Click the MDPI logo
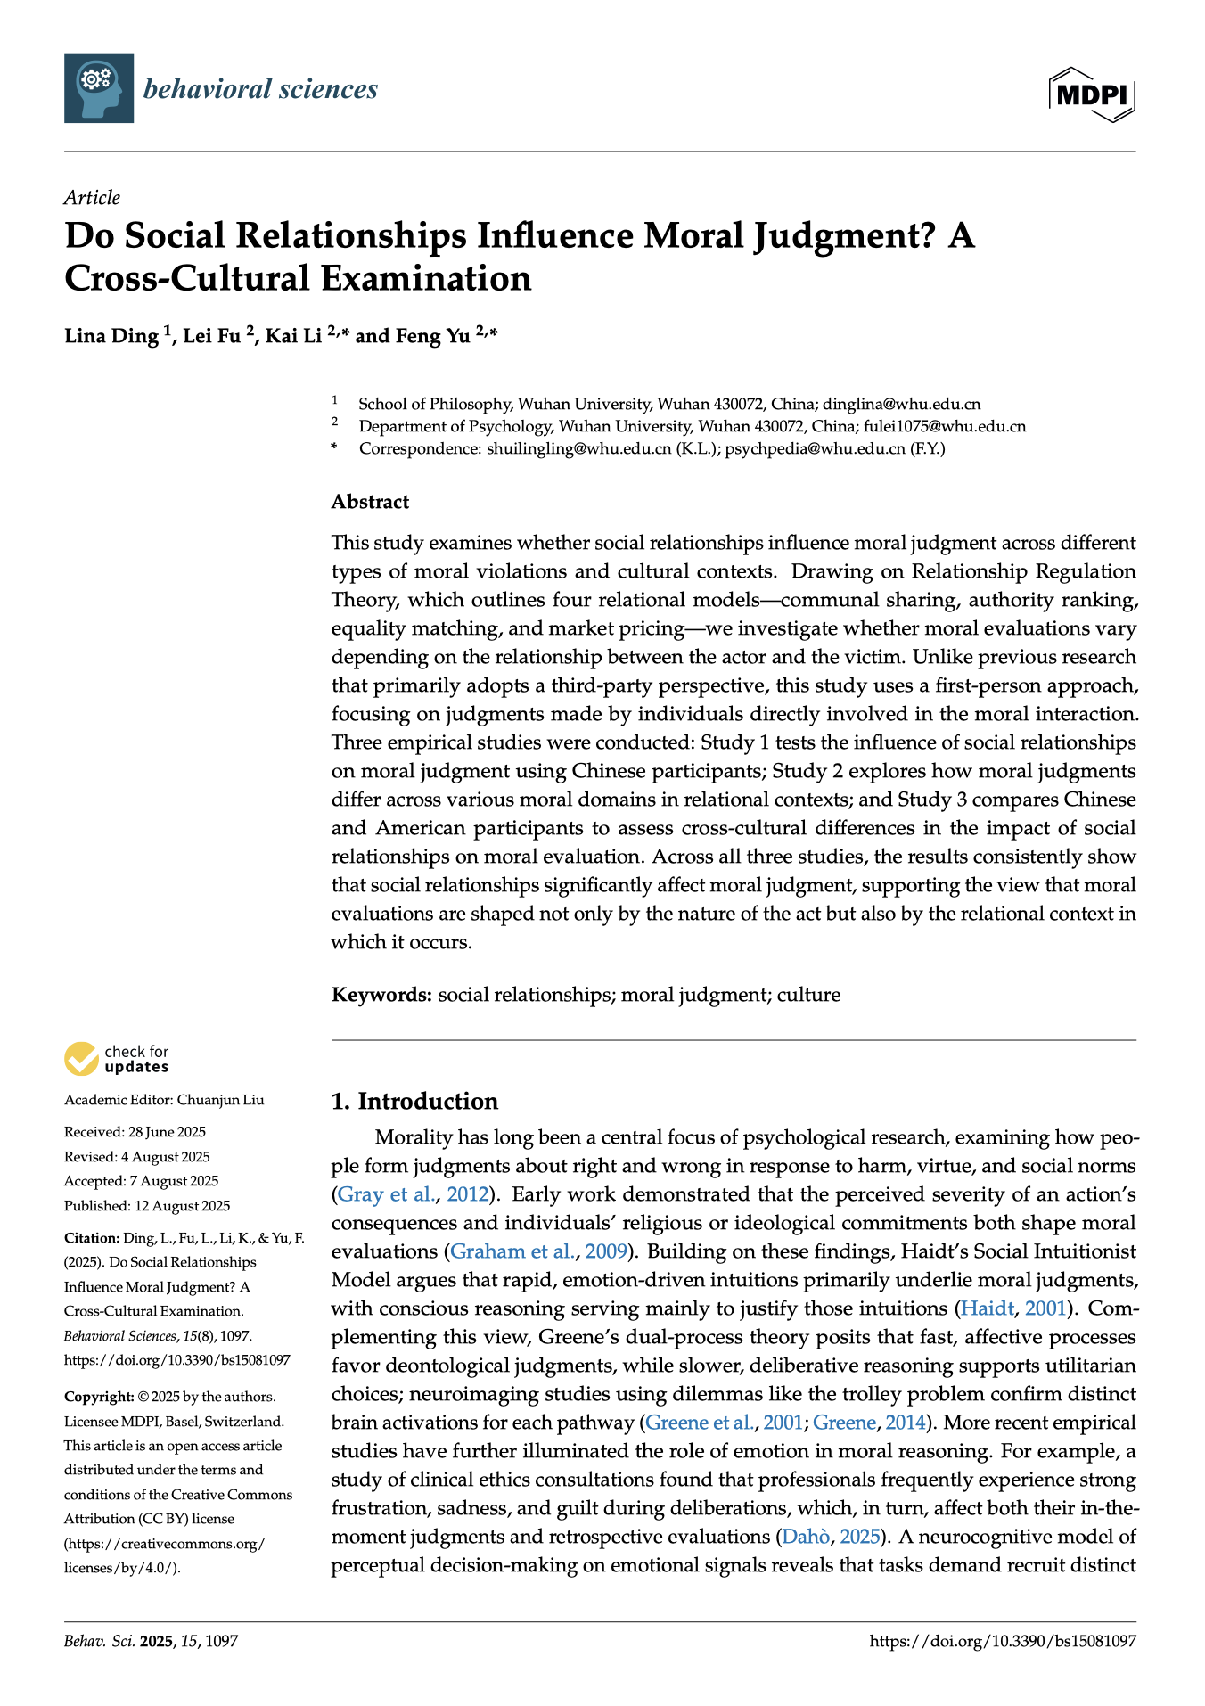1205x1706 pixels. (1092, 94)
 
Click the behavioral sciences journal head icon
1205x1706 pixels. (99, 88)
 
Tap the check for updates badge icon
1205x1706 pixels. (82, 1059)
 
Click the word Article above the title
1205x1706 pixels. (92, 198)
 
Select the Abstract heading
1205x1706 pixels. (370, 502)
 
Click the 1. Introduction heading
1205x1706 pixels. (414, 1102)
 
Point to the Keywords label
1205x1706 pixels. (381, 995)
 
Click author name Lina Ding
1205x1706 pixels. (111, 336)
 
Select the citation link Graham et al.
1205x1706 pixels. (512, 1251)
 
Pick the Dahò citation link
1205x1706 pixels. (806, 1537)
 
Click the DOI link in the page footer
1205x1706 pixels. (1003, 1641)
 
